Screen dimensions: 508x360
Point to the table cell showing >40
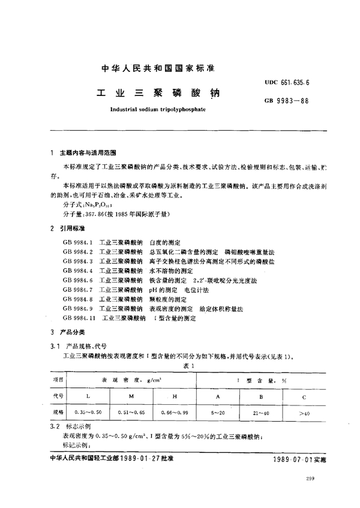click(304, 412)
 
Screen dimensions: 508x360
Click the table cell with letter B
click(260, 396)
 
